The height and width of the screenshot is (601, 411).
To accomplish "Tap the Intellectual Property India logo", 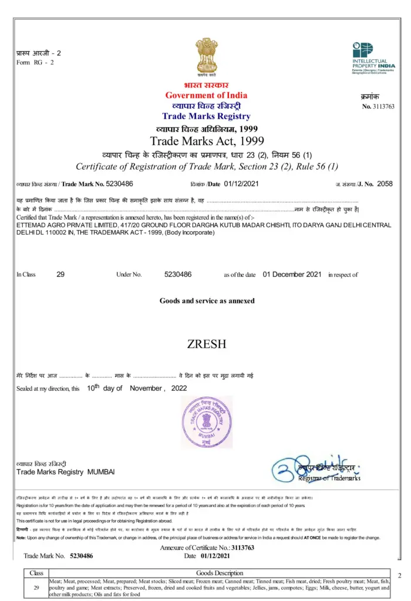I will [x=373, y=58].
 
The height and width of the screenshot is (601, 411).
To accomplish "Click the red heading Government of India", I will [x=206, y=95].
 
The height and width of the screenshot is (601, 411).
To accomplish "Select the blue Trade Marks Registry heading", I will [x=206, y=116].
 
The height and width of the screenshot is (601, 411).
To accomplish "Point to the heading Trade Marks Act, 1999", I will [x=207, y=141].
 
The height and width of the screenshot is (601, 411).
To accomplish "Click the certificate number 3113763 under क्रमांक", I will [x=383, y=106].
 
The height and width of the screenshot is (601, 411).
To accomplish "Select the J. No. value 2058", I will [x=385, y=184].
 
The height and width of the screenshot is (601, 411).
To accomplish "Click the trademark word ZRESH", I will [x=207, y=344].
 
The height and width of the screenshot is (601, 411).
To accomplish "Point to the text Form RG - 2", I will [x=35, y=62].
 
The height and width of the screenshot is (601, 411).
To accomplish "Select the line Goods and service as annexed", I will [x=207, y=300].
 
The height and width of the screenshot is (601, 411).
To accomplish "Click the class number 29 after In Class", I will [x=60, y=274].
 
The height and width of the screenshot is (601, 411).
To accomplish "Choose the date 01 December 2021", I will [x=292, y=274].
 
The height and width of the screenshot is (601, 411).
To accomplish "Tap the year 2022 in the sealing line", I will [x=179, y=388].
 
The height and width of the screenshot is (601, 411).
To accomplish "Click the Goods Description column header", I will [x=220, y=573].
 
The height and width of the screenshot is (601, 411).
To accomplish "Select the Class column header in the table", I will [x=36, y=573].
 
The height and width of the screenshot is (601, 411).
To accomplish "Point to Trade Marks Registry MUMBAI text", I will [x=65, y=472].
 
